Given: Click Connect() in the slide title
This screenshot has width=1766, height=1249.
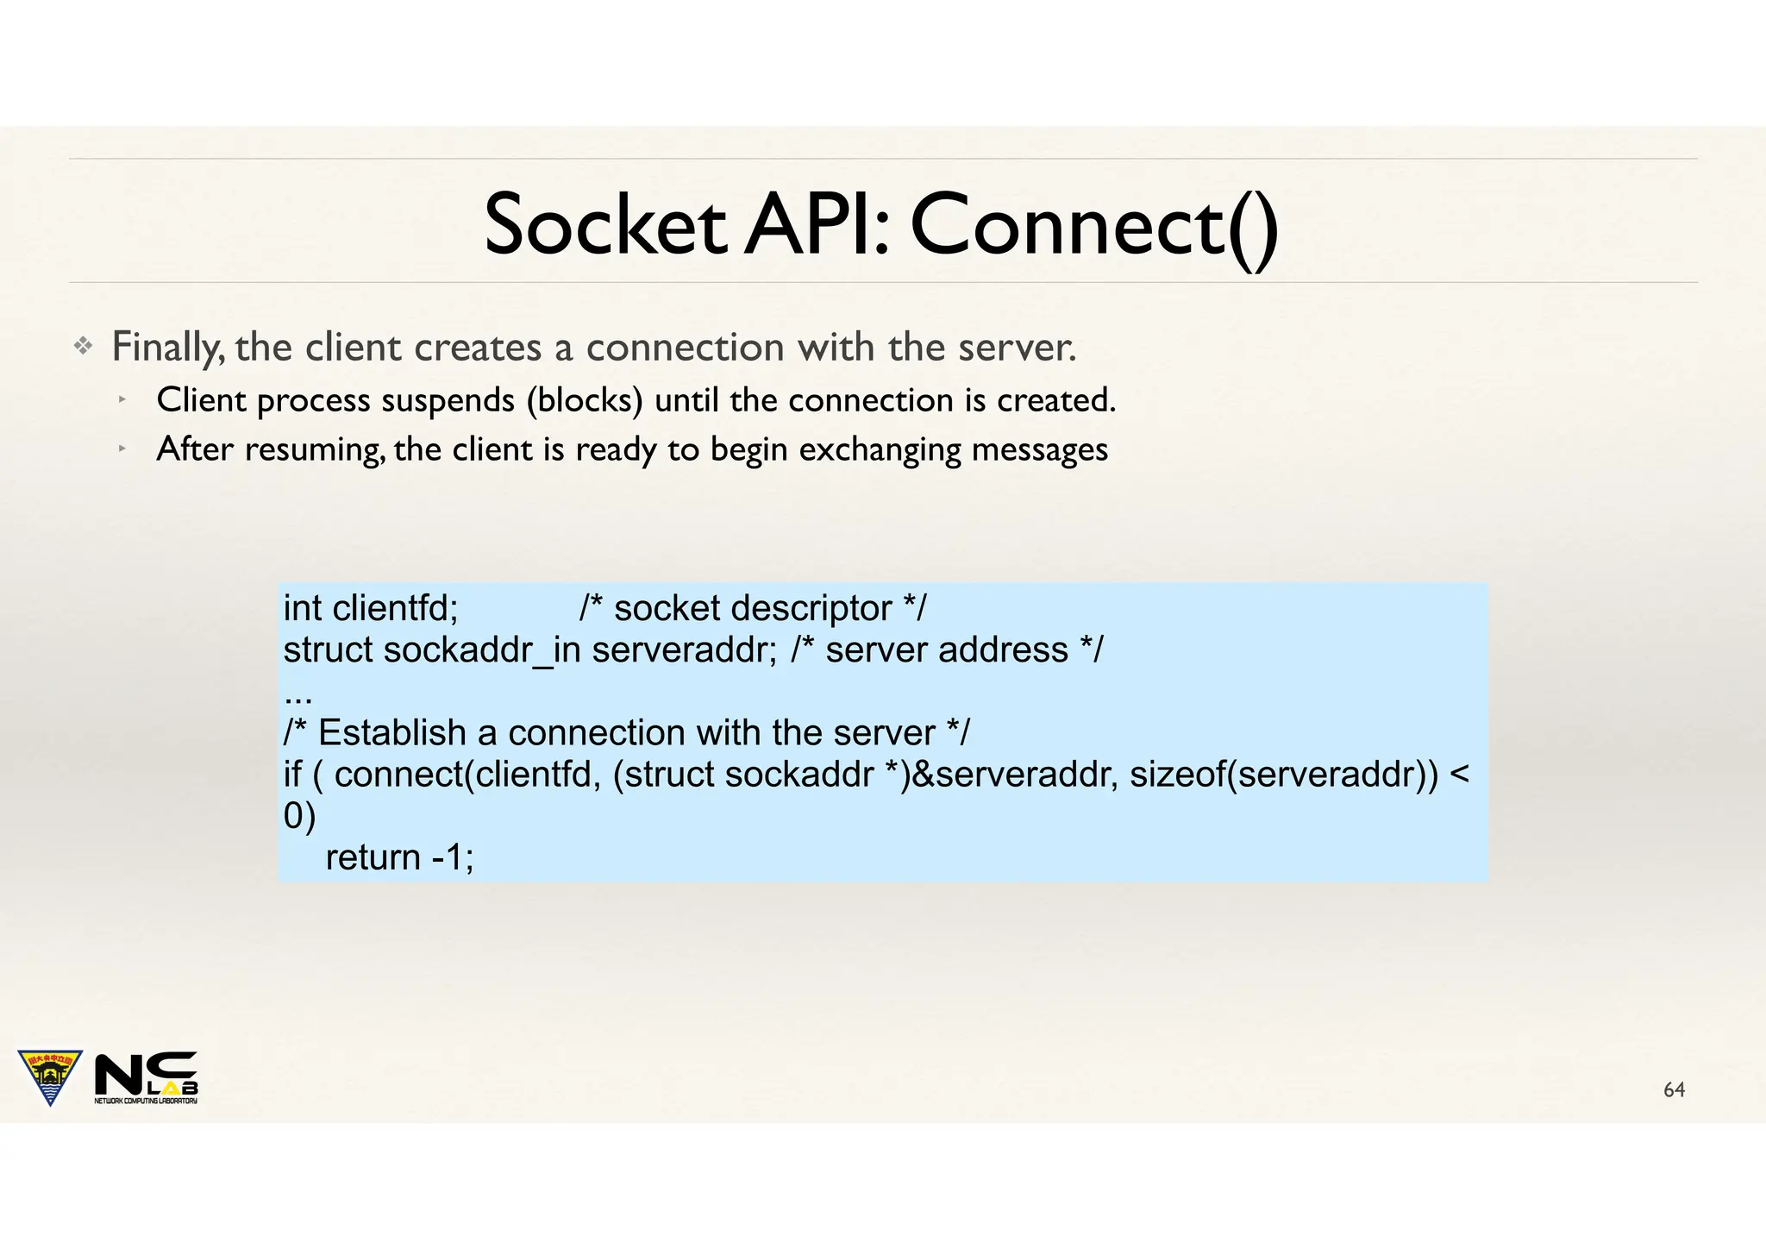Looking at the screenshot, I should pos(1093,226).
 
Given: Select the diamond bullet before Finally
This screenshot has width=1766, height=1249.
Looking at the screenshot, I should pos(83,347).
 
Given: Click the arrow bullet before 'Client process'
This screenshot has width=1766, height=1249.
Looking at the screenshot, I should pos(123,399).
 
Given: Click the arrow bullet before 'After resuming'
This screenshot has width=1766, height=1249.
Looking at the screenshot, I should pos(123,449).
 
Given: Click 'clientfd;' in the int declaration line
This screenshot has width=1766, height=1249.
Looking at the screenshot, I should pos(395,609).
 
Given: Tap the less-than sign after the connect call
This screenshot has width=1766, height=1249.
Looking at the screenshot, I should pos(1459,775).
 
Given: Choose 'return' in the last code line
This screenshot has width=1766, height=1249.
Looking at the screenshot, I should pos(373,857).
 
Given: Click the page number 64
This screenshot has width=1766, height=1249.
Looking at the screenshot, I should pos(1674,1090).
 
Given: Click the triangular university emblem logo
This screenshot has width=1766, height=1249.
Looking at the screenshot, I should pos(50,1075).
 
